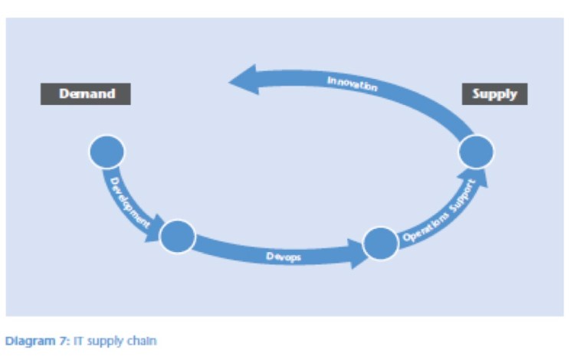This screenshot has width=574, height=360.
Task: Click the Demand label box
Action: coord(85,94)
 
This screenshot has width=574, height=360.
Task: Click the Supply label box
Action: coord(495,94)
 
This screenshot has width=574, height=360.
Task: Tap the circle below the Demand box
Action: coord(107,152)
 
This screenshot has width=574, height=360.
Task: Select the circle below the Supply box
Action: coord(476,152)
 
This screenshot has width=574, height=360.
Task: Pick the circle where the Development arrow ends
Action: coord(178,237)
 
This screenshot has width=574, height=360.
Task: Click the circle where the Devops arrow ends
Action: coord(380,244)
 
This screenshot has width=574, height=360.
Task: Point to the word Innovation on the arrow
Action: coord(352,83)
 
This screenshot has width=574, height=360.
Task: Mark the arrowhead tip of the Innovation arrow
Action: coord(231,80)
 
